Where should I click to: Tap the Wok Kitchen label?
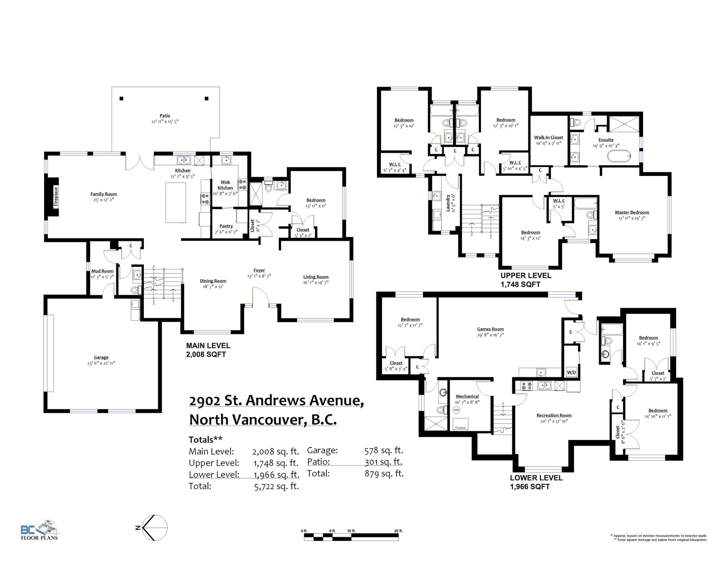[x=225, y=185]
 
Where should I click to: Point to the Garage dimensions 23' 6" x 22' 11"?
[x=101, y=363]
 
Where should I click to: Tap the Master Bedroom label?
[x=632, y=212]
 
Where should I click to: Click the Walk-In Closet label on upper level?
[x=549, y=137]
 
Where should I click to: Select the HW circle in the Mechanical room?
[x=456, y=410]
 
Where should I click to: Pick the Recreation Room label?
[x=554, y=415]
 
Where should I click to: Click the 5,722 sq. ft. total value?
[x=276, y=486]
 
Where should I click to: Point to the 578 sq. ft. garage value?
[x=384, y=451]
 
